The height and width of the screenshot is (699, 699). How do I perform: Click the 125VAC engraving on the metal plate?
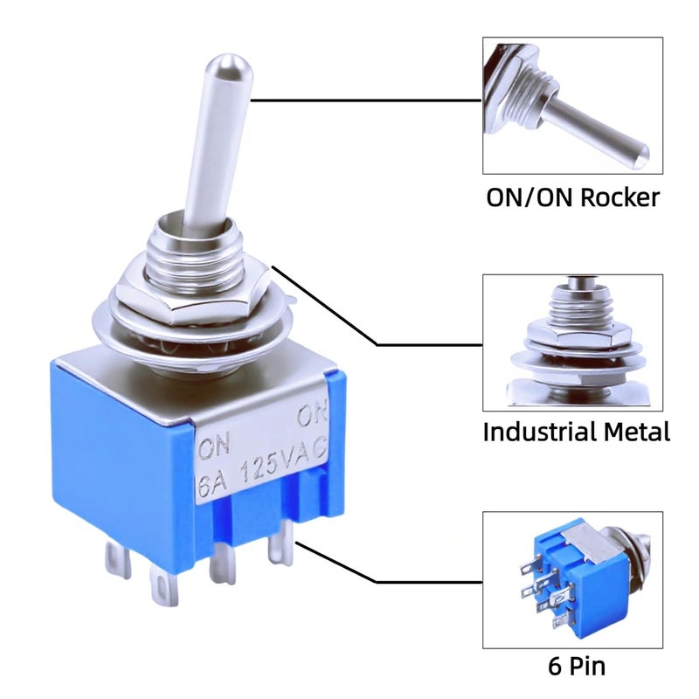pos(283,460)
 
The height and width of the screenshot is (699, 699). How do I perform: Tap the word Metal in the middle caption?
pos(637,432)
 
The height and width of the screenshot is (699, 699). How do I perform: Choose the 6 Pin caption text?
pos(577,667)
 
